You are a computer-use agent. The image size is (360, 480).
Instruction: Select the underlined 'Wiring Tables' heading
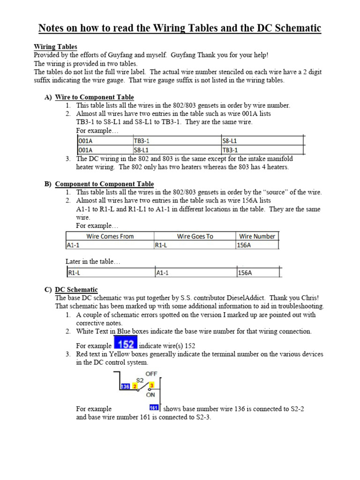pyautogui.click(x=55, y=47)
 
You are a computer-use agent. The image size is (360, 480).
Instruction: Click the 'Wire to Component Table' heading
pyautogui.click(x=94, y=97)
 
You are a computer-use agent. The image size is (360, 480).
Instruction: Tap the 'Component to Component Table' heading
pyautogui.click(x=104, y=184)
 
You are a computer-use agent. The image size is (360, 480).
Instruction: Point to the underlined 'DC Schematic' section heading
pyautogui.click(x=76, y=290)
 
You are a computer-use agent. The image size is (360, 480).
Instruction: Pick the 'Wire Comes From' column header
pyautogui.click(x=110, y=236)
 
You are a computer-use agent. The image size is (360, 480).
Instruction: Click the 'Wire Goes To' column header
pyautogui.click(x=195, y=236)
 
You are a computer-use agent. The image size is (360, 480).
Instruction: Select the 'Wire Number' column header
pyautogui.click(x=257, y=236)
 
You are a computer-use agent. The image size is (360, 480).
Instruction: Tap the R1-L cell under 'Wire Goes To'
pyautogui.click(x=162, y=245)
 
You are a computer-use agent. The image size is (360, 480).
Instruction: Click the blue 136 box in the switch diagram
pyautogui.click(x=125, y=386)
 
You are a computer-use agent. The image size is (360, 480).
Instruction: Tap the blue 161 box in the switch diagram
pyautogui.click(x=153, y=407)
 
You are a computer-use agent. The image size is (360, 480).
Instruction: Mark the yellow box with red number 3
pyautogui.click(x=151, y=385)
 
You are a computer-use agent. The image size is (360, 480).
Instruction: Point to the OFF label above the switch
pyautogui.click(x=151, y=374)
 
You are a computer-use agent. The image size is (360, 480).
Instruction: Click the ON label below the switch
pyautogui.click(x=150, y=395)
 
